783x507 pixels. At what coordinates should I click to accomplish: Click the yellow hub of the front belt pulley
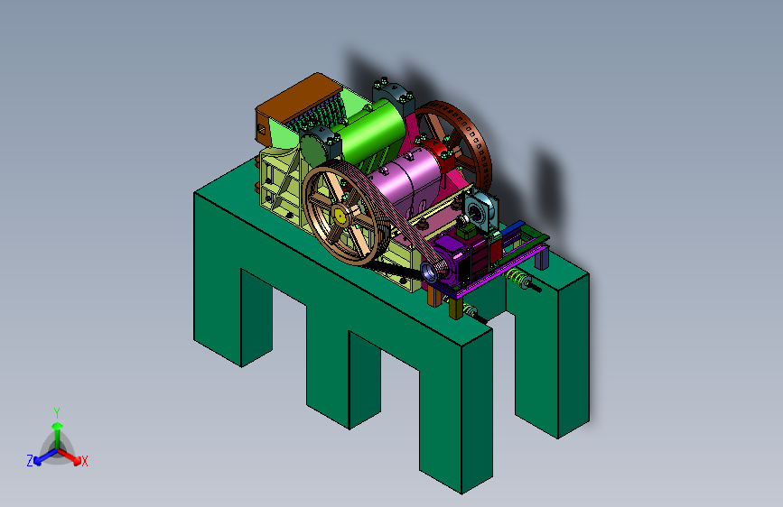[x=340, y=216]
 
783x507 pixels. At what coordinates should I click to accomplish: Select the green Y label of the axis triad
[x=57, y=413]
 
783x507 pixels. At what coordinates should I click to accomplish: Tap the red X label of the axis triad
[x=84, y=462]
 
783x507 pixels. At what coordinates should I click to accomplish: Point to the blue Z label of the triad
[x=30, y=461]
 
